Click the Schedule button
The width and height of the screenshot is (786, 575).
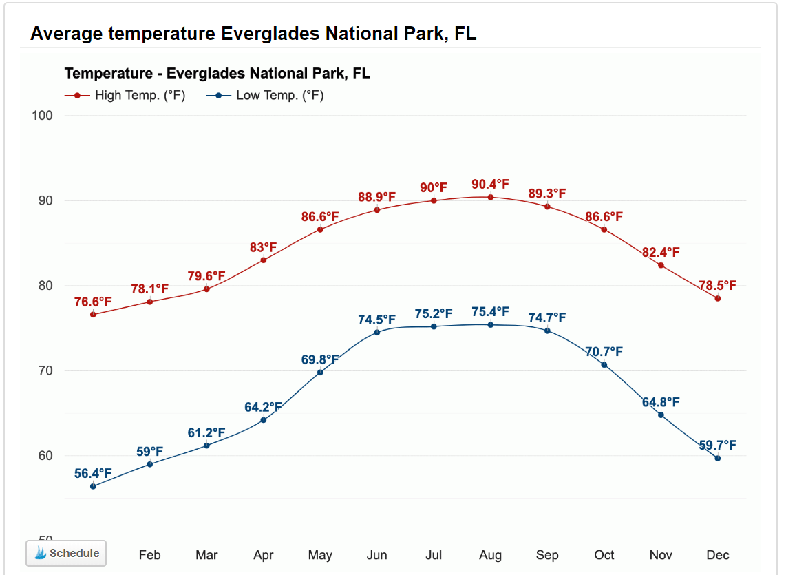coord(66,553)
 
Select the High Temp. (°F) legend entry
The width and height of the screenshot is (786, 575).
coord(125,95)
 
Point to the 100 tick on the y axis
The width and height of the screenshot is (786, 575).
coord(43,116)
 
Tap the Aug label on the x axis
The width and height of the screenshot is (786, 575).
coord(490,555)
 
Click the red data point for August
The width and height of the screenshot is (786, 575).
coord(491,197)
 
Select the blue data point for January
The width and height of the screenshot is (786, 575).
coord(93,486)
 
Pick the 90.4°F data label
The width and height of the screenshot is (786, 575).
coord(490,184)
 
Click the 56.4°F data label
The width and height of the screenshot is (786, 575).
coord(93,473)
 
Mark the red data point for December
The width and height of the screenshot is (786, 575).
coord(718,298)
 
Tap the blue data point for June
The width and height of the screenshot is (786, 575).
coord(377,333)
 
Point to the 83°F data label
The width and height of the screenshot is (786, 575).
coord(264,247)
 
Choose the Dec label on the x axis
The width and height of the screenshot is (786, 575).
coord(718,555)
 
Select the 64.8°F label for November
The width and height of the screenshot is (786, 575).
coord(661,402)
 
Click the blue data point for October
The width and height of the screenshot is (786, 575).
coord(604,365)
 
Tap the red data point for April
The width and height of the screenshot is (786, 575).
coord(264,260)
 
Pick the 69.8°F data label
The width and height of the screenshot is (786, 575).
coord(320,359)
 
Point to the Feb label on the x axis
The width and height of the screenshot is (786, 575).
coord(150,555)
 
